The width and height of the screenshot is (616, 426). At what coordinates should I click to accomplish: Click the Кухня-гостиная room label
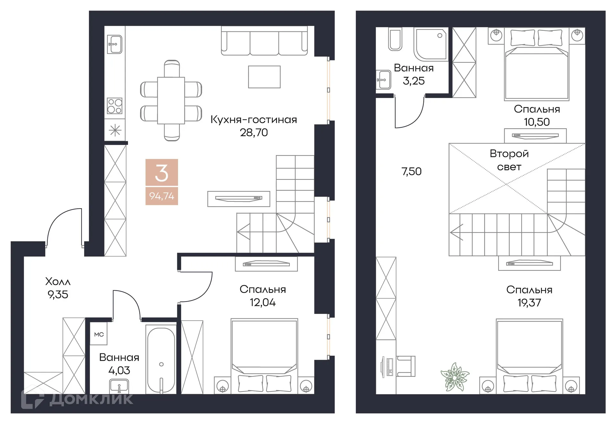[253, 120]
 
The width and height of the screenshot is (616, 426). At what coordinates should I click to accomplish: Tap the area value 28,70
[254, 132]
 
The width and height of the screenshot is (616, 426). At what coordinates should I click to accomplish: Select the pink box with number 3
[162, 172]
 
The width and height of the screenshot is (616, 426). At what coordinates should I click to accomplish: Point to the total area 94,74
[162, 196]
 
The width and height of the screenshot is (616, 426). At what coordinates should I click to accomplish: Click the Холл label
[58, 281]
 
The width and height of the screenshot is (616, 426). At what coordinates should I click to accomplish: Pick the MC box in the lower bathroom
[99, 334]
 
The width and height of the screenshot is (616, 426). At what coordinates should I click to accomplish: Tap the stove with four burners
[115, 106]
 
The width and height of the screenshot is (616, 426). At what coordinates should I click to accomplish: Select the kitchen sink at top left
[114, 44]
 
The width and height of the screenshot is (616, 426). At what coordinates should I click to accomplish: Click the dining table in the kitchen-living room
[171, 100]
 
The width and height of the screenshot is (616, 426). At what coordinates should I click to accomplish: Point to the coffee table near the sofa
[264, 77]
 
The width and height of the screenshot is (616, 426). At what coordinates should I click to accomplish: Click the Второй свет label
[509, 160]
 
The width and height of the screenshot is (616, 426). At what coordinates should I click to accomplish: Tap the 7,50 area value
[411, 171]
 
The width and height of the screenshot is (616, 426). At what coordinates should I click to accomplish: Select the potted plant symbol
[455, 377]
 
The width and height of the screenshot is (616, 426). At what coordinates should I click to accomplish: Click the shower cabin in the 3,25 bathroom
[431, 44]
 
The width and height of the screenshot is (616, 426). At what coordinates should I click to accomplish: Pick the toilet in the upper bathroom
[395, 39]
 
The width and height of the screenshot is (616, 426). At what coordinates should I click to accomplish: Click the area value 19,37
[529, 303]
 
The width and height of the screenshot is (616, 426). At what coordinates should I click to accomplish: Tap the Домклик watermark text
[91, 399]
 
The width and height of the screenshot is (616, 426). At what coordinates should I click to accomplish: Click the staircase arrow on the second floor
[457, 232]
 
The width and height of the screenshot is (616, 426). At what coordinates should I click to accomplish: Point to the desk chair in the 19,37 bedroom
[406, 366]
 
